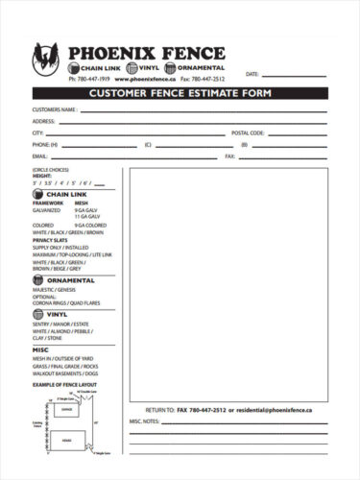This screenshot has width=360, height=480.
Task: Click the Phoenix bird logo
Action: [x=47, y=60]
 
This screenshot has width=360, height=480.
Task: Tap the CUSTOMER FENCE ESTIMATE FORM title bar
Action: [x=180, y=93]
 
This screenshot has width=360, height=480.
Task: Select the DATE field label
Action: [x=252, y=74]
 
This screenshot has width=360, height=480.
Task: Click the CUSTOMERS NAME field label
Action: [x=55, y=110]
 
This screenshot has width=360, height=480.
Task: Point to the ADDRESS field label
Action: [x=44, y=122]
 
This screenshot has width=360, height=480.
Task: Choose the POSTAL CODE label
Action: [x=248, y=132]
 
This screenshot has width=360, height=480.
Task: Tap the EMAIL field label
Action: [x=39, y=155]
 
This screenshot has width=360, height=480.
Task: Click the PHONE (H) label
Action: [x=45, y=144]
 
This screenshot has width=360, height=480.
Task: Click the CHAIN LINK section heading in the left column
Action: [x=66, y=194]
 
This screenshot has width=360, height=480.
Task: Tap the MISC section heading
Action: [x=40, y=349]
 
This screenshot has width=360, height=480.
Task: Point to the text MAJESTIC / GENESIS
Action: [x=54, y=289]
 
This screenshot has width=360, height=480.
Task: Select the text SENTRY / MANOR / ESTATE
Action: [x=60, y=323]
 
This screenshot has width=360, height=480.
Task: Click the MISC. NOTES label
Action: [x=146, y=420]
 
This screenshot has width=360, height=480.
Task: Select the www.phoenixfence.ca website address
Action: [x=141, y=78]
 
